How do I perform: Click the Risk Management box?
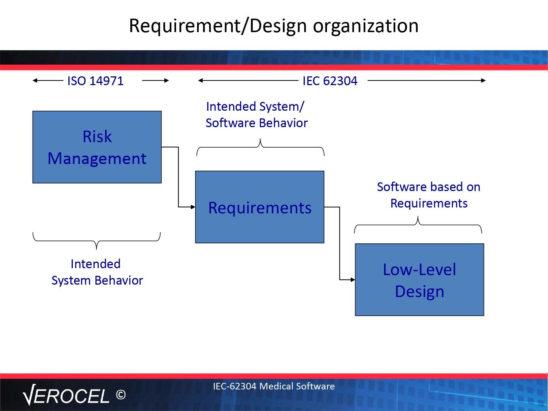click(97, 147)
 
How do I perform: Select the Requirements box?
click(260, 207)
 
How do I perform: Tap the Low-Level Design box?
click(419, 280)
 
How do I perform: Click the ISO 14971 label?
click(95, 81)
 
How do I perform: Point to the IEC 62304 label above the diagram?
click(330, 81)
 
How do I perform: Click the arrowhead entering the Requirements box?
click(193, 207)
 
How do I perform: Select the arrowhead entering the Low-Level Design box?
click(353, 280)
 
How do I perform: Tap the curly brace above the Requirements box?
click(260, 147)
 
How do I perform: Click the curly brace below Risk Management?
click(96, 241)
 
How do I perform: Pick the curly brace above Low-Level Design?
click(418, 225)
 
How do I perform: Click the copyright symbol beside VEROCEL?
click(121, 395)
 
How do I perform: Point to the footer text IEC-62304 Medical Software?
click(274, 386)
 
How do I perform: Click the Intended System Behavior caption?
click(97, 272)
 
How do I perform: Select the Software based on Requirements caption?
click(429, 195)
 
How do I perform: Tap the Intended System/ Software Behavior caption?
click(257, 115)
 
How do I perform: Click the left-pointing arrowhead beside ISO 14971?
click(35, 80)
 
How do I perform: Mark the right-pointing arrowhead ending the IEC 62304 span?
click(483, 80)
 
